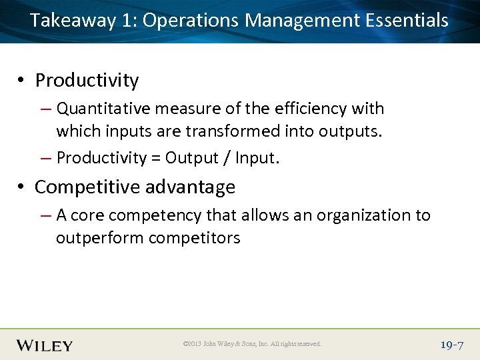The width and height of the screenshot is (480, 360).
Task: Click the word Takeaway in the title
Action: [73, 20]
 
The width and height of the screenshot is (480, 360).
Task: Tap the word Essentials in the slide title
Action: [407, 20]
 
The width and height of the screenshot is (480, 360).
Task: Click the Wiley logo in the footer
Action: [45, 345]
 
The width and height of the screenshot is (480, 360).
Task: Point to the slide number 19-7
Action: [452, 345]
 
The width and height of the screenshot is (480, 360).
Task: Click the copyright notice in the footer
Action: [252, 344]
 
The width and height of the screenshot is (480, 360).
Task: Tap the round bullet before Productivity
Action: [22, 81]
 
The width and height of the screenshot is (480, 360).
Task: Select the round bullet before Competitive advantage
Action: [22, 187]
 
